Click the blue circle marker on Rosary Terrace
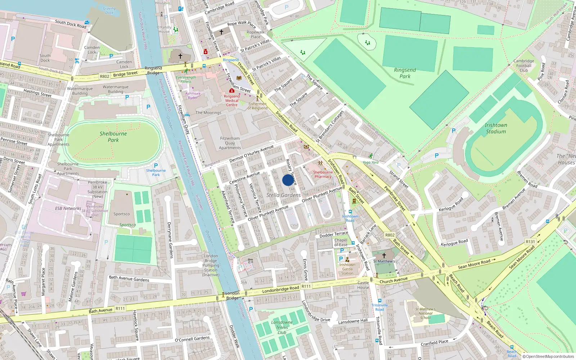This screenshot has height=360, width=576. point(288,180)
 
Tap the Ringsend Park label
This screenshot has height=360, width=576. point(405,73)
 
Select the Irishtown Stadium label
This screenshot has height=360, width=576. point(496,128)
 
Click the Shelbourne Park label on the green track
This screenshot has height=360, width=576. point(113,136)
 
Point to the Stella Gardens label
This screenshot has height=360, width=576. point(283,195)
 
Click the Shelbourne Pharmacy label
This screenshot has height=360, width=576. point(323,174)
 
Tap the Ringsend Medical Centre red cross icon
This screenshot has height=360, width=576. point(232,91)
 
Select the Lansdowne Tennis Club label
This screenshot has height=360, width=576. point(282,327)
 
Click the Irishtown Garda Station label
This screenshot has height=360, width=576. point(347,269)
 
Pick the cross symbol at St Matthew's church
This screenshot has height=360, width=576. point(384,255)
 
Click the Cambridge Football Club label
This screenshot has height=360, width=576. point(523,66)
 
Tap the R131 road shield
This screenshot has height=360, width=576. point(530,242)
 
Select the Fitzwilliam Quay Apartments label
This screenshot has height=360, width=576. point(230,143)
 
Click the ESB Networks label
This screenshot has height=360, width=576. point(68,208)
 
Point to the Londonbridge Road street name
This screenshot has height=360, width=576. point(280,289)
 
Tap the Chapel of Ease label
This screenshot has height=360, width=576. point(341,242)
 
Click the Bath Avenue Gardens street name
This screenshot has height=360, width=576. point(129,279)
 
